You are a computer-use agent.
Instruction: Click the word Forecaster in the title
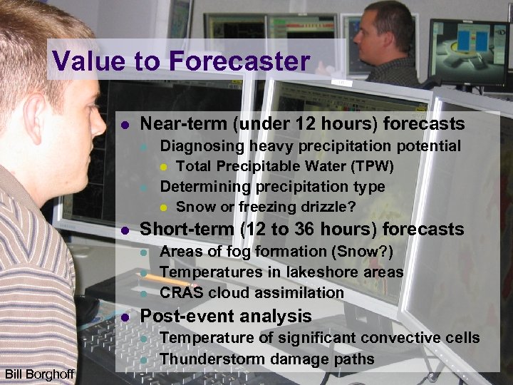pyautogui.click(x=239, y=61)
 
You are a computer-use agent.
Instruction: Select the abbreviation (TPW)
pyautogui.click(x=368, y=167)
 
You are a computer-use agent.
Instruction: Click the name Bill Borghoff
pyautogui.click(x=39, y=374)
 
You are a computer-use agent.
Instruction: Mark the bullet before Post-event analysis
pyautogui.click(x=125, y=317)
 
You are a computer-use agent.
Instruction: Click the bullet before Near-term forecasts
pyautogui.click(x=125, y=125)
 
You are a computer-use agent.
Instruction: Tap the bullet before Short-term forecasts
pyautogui.click(x=125, y=230)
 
